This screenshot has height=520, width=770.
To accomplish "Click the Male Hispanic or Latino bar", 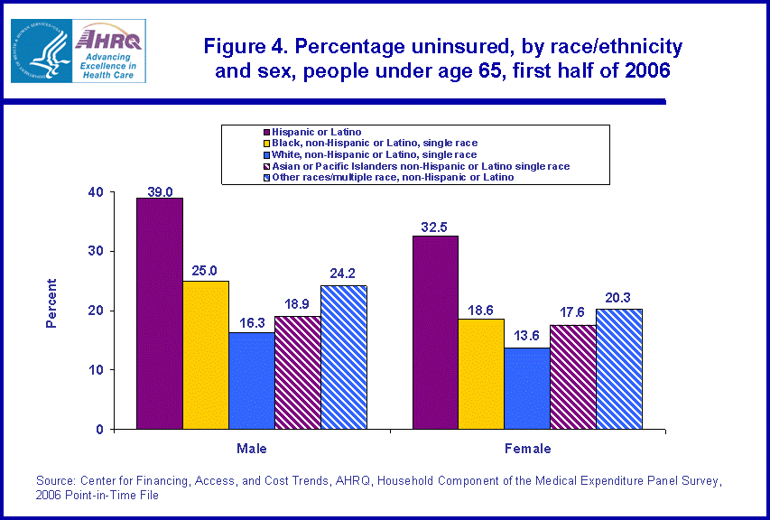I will (160, 313).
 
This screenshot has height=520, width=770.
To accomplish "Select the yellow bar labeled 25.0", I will (206, 355).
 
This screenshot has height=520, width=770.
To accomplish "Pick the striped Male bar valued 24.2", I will (344, 357).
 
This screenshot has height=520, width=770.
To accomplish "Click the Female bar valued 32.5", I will (435, 332).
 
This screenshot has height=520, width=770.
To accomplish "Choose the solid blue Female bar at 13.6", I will (527, 388).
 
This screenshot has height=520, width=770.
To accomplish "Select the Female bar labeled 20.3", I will (619, 368).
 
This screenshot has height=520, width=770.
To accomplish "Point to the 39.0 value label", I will (160, 190).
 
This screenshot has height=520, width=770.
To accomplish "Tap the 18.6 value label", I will (482, 310).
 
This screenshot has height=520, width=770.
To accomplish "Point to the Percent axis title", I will (51, 302).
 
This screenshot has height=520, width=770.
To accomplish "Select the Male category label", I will (252, 448).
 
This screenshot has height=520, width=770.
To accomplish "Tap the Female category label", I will (528, 448).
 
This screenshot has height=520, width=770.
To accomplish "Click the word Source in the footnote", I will (55, 480).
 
